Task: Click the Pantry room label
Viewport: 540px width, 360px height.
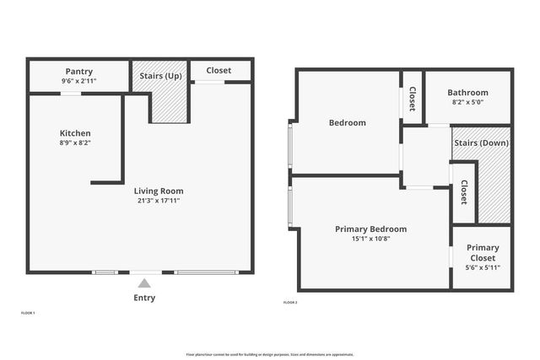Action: [78, 72]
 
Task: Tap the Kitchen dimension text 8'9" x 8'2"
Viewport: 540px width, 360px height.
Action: [75, 143]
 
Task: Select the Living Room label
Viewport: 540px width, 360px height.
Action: [159, 191]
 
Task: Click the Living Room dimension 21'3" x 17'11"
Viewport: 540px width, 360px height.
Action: [159, 201]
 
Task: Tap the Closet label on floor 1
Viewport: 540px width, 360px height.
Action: [219, 71]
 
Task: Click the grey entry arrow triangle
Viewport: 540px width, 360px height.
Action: [144, 284]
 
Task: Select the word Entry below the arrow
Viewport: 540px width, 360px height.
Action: [144, 298]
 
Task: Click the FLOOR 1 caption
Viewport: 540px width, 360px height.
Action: [28, 313]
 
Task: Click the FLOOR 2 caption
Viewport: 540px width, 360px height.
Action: [290, 302]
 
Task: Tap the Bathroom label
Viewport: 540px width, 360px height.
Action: [467, 93]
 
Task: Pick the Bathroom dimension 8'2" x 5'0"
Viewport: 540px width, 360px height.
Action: [467, 103]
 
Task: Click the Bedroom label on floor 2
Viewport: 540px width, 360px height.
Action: [347, 122]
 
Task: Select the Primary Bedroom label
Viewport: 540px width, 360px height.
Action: [370, 228]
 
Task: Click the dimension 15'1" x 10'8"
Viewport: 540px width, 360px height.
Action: [370, 239]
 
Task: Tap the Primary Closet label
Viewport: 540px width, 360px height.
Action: [483, 253]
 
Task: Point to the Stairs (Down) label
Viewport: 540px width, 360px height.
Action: [481, 142]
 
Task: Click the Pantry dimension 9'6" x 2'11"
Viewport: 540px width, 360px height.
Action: [78, 82]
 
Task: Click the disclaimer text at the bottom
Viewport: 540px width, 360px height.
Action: [269, 353]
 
